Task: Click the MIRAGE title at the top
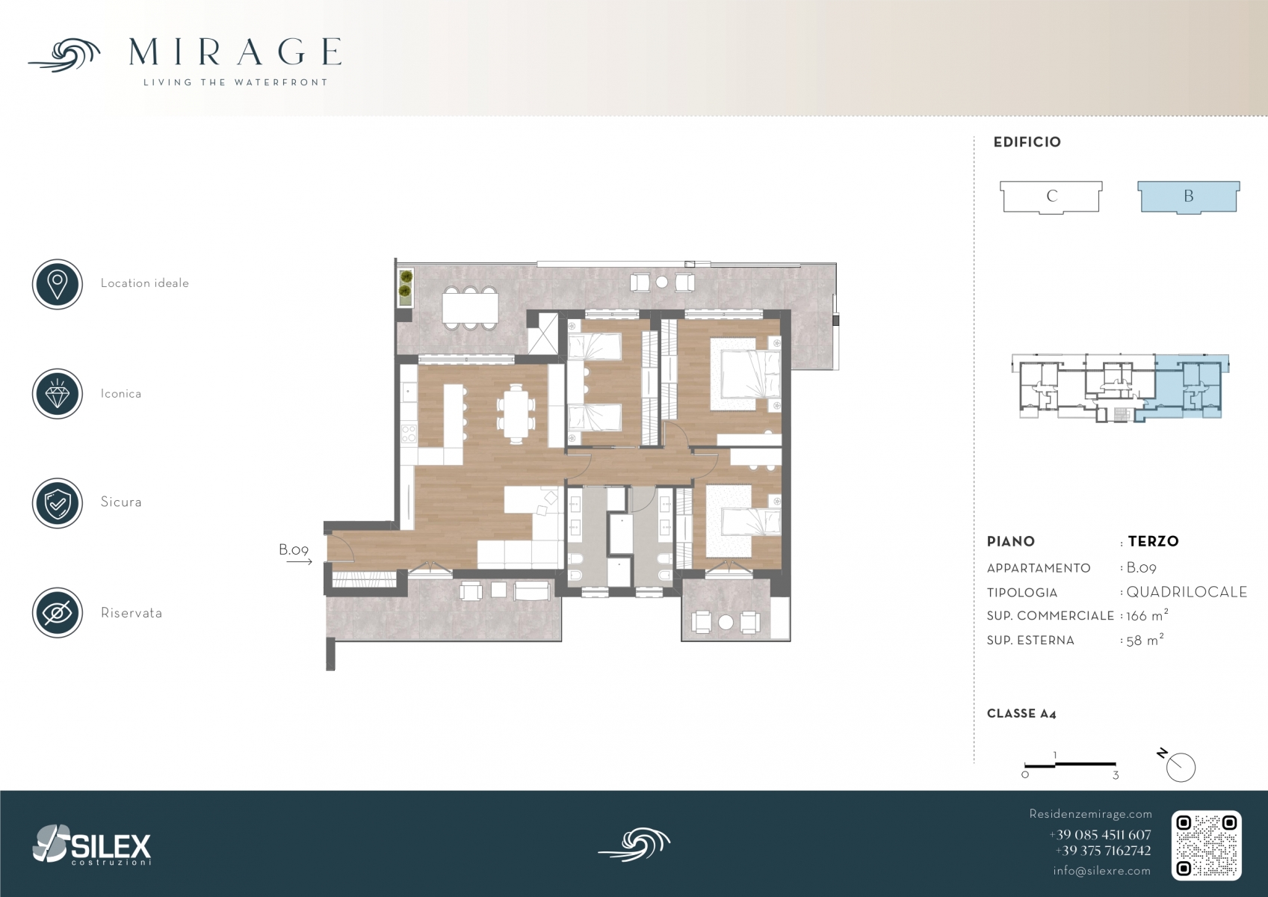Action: coord(235,52)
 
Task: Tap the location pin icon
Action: coord(58,284)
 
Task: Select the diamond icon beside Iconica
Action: coord(58,394)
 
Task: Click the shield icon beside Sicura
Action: coord(58,503)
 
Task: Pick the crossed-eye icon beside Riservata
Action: coord(58,613)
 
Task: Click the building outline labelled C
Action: coord(1051,197)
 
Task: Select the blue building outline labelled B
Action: coord(1189,197)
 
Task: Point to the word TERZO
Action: coord(1153,541)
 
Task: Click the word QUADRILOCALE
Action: coord(1187,592)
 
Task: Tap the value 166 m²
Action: coord(1147,615)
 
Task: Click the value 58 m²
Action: coord(1145,640)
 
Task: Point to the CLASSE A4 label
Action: coord(1021,714)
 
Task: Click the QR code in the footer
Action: coord(1206,845)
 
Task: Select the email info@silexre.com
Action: coord(1101,871)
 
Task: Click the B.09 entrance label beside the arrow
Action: coord(293,549)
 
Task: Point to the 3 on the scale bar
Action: coord(1115,776)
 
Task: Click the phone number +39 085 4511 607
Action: coord(1100,835)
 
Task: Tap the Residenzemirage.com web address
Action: coord(1090,814)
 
